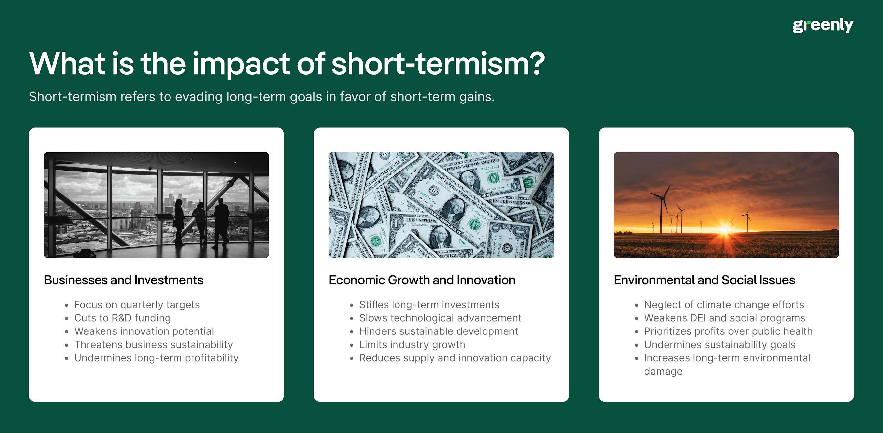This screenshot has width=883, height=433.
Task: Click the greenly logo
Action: (x=823, y=25)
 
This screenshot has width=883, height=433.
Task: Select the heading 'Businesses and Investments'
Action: (x=124, y=280)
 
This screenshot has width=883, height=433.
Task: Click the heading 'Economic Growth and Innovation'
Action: (x=421, y=280)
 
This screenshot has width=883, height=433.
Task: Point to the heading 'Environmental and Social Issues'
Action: (x=704, y=280)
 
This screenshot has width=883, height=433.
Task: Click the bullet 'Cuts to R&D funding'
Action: (x=123, y=318)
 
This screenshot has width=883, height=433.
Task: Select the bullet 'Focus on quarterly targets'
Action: (x=137, y=305)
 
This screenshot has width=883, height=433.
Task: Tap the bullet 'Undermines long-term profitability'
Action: (x=156, y=358)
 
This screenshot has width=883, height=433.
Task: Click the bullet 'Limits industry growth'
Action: (x=412, y=345)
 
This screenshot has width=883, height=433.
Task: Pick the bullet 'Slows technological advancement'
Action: (x=440, y=318)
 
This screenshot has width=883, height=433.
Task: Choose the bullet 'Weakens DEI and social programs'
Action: (x=724, y=318)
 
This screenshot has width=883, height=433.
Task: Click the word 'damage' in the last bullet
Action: (x=663, y=371)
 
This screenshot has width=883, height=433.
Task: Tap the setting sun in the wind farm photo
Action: (x=725, y=229)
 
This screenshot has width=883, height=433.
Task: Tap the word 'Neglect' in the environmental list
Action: (x=662, y=305)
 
